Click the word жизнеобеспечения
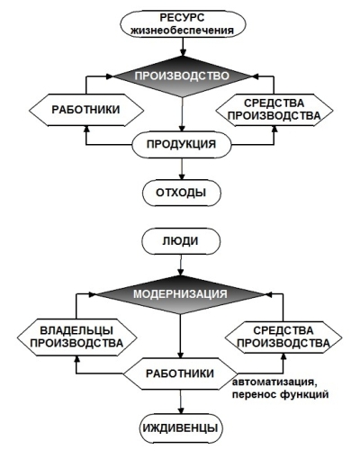(x=183, y=31)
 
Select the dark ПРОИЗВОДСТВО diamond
(x=182, y=76)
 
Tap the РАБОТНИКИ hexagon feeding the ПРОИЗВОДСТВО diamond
(x=86, y=110)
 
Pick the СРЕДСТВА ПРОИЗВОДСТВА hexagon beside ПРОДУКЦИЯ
(x=274, y=110)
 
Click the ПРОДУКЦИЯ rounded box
(x=182, y=145)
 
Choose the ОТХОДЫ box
(x=181, y=193)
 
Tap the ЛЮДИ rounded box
(x=181, y=241)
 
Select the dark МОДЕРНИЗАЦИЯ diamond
(x=180, y=294)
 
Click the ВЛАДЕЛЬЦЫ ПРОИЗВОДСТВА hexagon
(x=77, y=337)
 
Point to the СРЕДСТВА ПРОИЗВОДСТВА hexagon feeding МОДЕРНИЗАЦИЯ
(x=283, y=337)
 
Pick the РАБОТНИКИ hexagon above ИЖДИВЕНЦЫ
(x=180, y=373)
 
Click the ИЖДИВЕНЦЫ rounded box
(x=181, y=428)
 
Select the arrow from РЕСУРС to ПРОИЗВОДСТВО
(x=182, y=47)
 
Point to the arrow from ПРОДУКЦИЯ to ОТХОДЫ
(x=182, y=169)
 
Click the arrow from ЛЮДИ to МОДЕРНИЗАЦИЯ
(x=180, y=265)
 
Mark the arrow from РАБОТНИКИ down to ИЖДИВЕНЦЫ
(x=181, y=402)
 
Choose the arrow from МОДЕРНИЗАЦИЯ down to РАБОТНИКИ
(x=180, y=336)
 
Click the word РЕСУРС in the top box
(x=182, y=17)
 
